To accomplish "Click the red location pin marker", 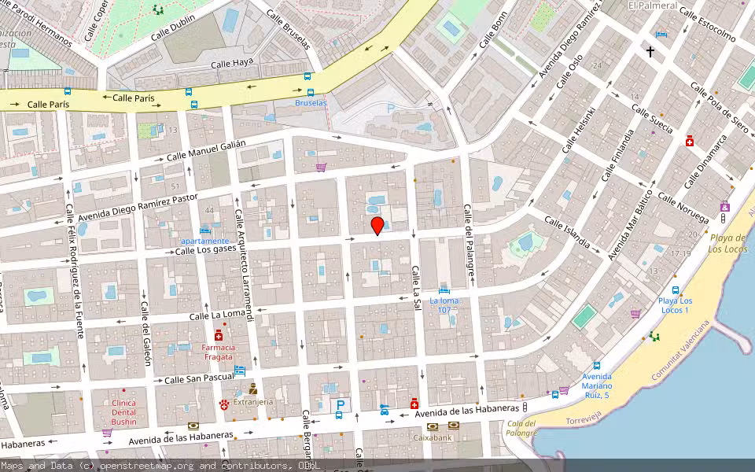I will (x=377, y=227).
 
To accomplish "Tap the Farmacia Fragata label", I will (x=219, y=352).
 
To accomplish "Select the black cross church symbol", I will (x=650, y=52).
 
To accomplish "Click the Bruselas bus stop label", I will (x=311, y=103).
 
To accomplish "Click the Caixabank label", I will (x=433, y=437).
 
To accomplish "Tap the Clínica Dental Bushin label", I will (x=123, y=412).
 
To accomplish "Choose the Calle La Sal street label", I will (x=417, y=286).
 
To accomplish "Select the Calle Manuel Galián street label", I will (x=206, y=150).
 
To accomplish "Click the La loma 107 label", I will (x=444, y=305).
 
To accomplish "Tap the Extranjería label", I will (x=253, y=402).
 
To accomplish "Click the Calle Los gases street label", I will (x=206, y=250).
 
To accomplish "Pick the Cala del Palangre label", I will (x=521, y=429).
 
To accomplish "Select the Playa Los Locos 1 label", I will (x=675, y=305).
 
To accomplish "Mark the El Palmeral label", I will (x=653, y=6).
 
